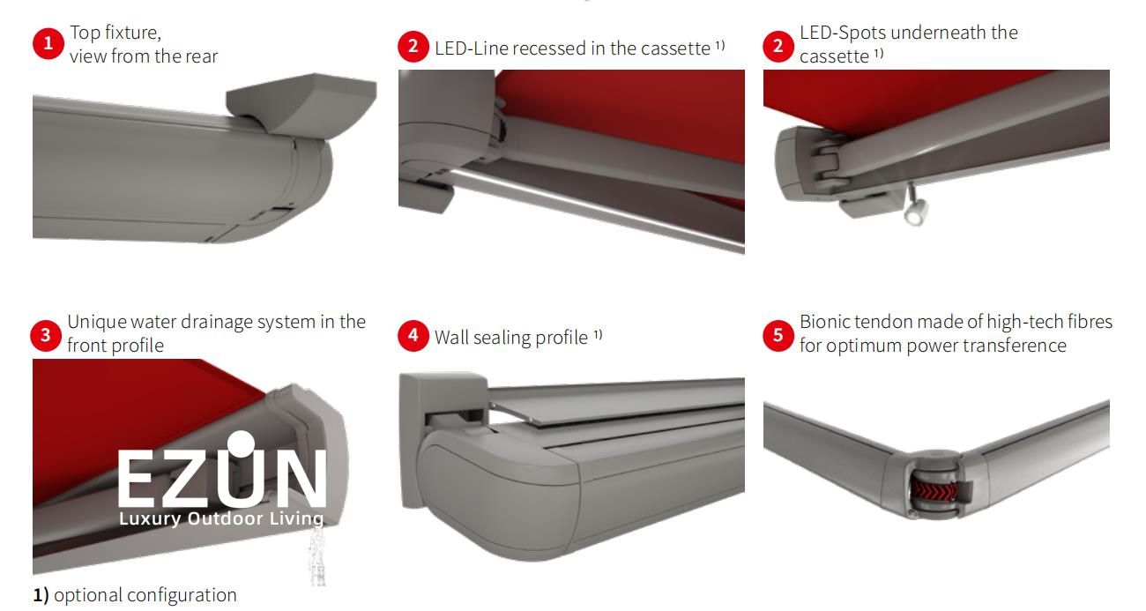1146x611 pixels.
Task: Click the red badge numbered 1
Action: pyautogui.click(x=48, y=43)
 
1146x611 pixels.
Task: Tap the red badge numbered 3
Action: pyautogui.click(x=46, y=336)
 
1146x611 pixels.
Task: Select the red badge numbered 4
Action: pyautogui.click(x=413, y=336)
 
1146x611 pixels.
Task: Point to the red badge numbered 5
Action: pyautogui.click(x=778, y=336)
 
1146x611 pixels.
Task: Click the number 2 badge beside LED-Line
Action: pyautogui.click(x=413, y=47)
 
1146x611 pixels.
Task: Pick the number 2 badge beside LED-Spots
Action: pyautogui.click(x=778, y=47)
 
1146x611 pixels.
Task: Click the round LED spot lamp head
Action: pyautogui.click(x=916, y=212)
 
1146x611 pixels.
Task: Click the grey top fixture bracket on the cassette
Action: pyautogui.click(x=301, y=105)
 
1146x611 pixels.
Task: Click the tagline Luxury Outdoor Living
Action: pyautogui.click(x=221, y=518)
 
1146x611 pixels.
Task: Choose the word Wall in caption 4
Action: pyautogui.click(x=451, y=337)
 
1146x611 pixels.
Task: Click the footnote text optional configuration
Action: pyautogui.click(x=145, y=595)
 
